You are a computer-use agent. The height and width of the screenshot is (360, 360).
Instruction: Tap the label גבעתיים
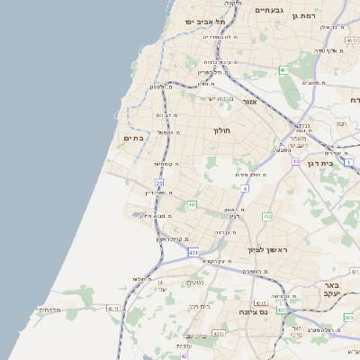[269, 10]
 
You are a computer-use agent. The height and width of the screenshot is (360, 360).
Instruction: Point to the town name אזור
[251, 102]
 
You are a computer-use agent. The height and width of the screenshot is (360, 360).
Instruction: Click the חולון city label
[221, 130]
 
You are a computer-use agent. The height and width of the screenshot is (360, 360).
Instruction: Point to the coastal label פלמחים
[49, 310]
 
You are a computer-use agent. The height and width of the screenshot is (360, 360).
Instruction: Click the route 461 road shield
[283, 69]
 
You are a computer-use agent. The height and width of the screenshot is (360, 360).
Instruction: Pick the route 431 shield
[193, 253]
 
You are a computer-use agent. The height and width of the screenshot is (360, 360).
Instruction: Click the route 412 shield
[267, 217]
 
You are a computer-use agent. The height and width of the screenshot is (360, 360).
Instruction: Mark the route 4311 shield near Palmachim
[112, 309]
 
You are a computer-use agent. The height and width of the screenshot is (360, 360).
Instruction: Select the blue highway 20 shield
[158, 183]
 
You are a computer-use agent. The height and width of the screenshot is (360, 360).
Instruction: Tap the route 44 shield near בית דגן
[244, 188]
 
